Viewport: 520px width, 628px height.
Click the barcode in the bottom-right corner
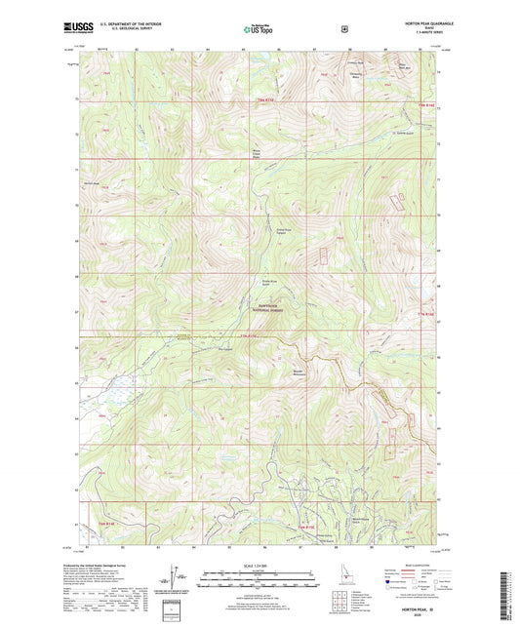click(508, 595)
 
